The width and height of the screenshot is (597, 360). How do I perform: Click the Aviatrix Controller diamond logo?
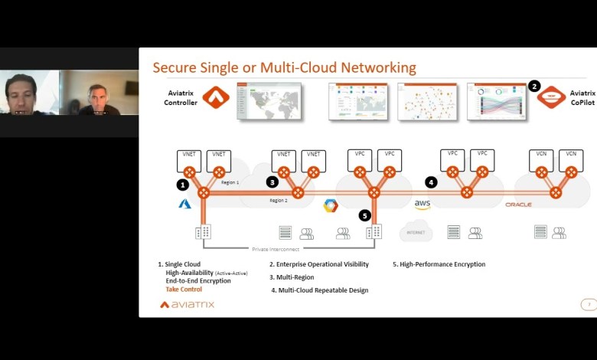[216, 97]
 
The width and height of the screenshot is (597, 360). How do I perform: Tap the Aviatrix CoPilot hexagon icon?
[551, 97]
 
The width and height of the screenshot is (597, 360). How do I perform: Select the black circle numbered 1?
[182, 185]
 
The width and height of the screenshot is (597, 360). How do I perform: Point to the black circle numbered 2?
[534, 87]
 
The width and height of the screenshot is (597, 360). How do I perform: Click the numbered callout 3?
[272, 182]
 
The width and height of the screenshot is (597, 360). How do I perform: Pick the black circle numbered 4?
[431, 182]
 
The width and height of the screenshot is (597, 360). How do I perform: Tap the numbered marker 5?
[365, 216]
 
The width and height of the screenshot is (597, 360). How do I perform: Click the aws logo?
[422, 205]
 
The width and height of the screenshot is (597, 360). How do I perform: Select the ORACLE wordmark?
[518, 205]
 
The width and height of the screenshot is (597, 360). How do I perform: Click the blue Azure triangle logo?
[184, 204]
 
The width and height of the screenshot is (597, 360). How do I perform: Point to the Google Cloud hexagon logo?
[331, 205]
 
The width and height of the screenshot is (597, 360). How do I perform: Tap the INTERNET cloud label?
[416, 231]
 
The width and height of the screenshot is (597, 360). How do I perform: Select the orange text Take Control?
[184, 290]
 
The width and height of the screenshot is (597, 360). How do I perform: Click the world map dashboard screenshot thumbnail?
[269, 102]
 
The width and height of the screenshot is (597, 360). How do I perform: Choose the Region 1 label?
[230, 183]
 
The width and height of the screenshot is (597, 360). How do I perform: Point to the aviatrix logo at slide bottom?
[187, 304]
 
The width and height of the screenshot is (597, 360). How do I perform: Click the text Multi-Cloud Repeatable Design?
[323, 290]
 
